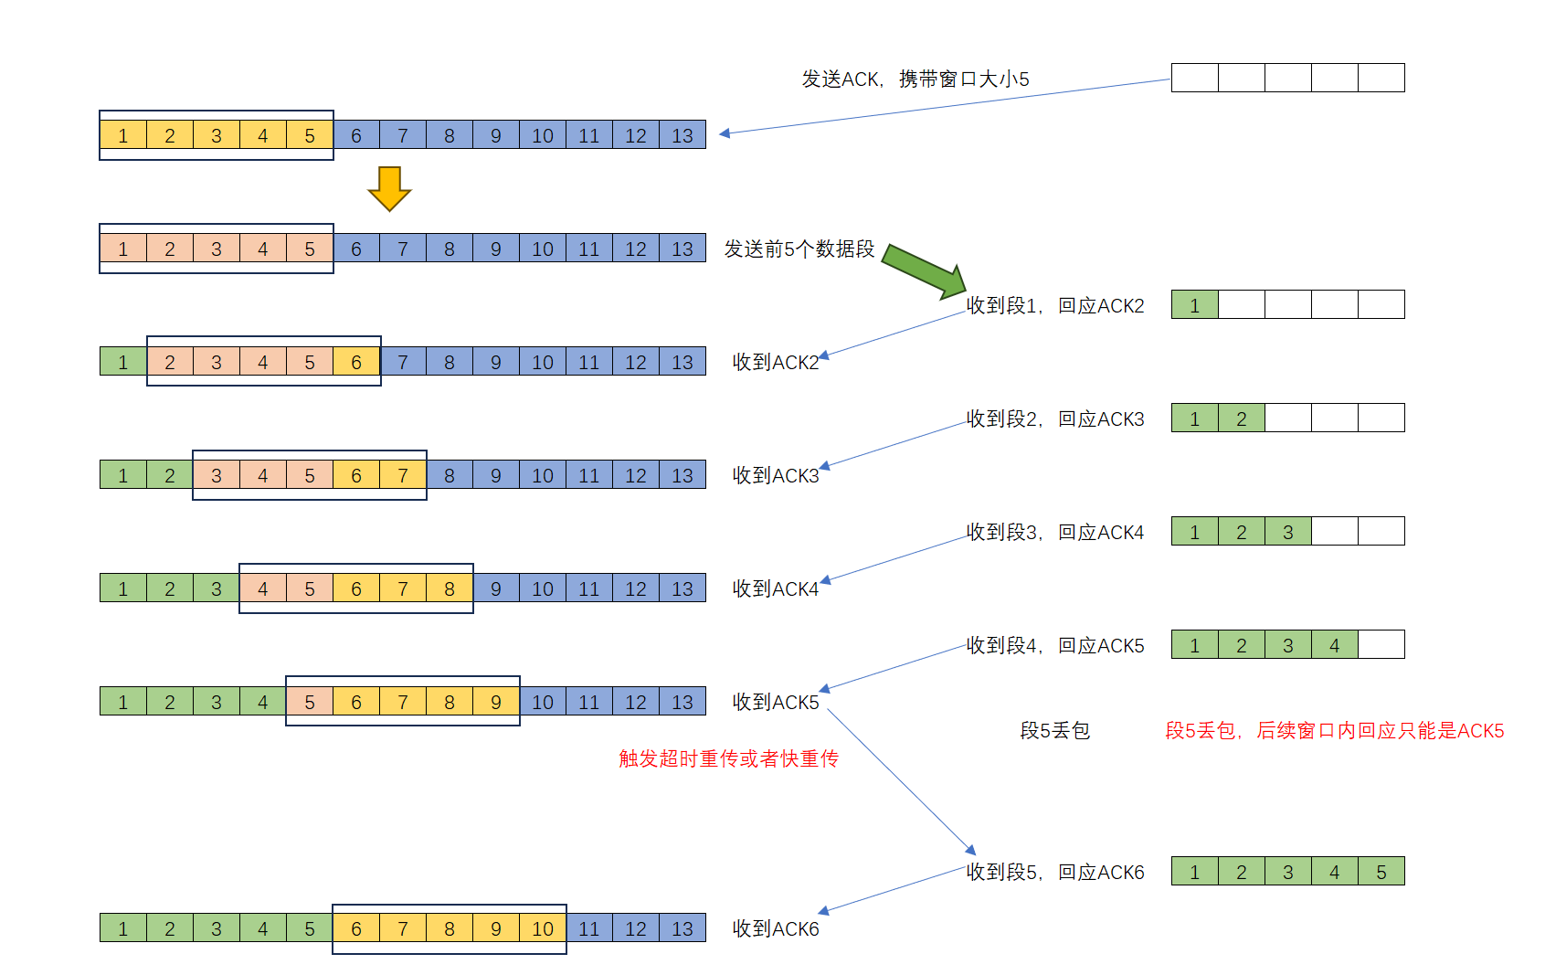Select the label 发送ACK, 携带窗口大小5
(x=915, y=79)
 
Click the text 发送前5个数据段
(x=799, y=249)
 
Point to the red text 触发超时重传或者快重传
(x=728, y=758)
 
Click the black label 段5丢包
(x=1054, y=731)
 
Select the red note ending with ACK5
(x=1334, y=731)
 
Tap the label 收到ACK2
(x=776, y=363)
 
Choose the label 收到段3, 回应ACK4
(x=1055, y=533)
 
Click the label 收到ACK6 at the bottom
(x=776, y=929)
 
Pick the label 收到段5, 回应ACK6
(x=1055, y=873)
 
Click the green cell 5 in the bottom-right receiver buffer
(x=1381, y=872)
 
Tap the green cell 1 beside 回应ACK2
(x=1194, y=305)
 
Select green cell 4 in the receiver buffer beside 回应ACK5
(x=1334, y=645)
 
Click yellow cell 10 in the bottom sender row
(x=543, y=929)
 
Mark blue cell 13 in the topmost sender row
(x=683, y=135)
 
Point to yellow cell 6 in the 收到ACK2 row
(x=356, y=362)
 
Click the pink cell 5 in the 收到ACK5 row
(x=310, y=702)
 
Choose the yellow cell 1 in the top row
(x=123, y=135)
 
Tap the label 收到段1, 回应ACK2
(x=1055, y=306)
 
